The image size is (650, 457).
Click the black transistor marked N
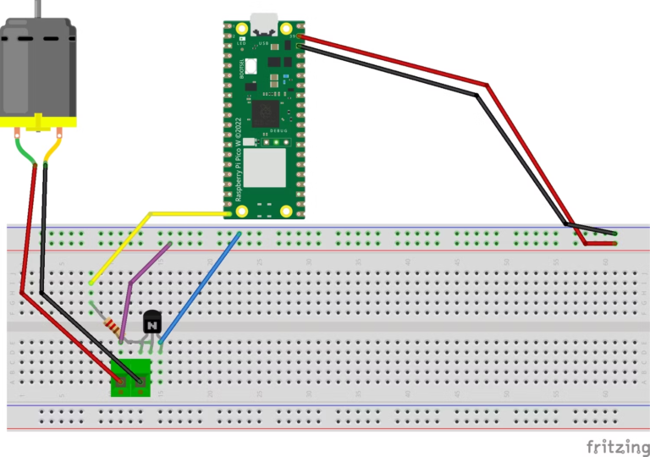click(x=151, y=322)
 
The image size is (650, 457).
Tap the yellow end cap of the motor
click(x=38, y=124)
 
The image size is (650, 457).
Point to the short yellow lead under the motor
click(x=52, y=151)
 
